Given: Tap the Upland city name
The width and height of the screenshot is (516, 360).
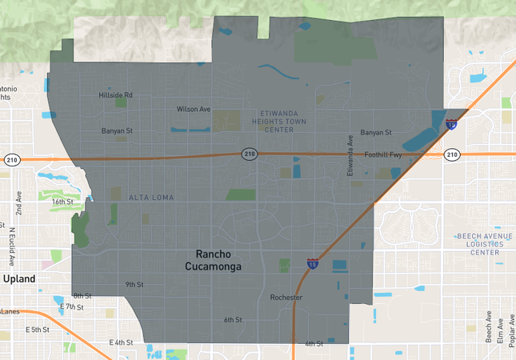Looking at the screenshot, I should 18,279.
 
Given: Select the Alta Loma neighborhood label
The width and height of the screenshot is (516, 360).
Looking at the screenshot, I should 151,197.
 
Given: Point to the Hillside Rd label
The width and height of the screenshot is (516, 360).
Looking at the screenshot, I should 115,95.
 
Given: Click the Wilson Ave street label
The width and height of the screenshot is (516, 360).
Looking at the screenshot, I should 194,109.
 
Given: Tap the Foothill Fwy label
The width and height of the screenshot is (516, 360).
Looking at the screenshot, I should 382,154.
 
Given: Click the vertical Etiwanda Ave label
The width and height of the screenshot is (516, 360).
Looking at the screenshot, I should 350,155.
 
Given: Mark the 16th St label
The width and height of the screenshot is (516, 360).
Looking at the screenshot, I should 62,202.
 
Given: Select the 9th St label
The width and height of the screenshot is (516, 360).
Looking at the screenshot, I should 134,284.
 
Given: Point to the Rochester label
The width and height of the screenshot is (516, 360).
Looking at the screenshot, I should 286,298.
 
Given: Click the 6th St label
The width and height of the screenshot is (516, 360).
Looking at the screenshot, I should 233,320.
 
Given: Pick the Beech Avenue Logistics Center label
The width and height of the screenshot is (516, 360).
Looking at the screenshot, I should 478,244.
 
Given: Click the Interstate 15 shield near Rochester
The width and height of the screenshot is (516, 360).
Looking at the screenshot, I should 312,263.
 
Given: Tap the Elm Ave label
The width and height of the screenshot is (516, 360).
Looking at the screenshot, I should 500,331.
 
